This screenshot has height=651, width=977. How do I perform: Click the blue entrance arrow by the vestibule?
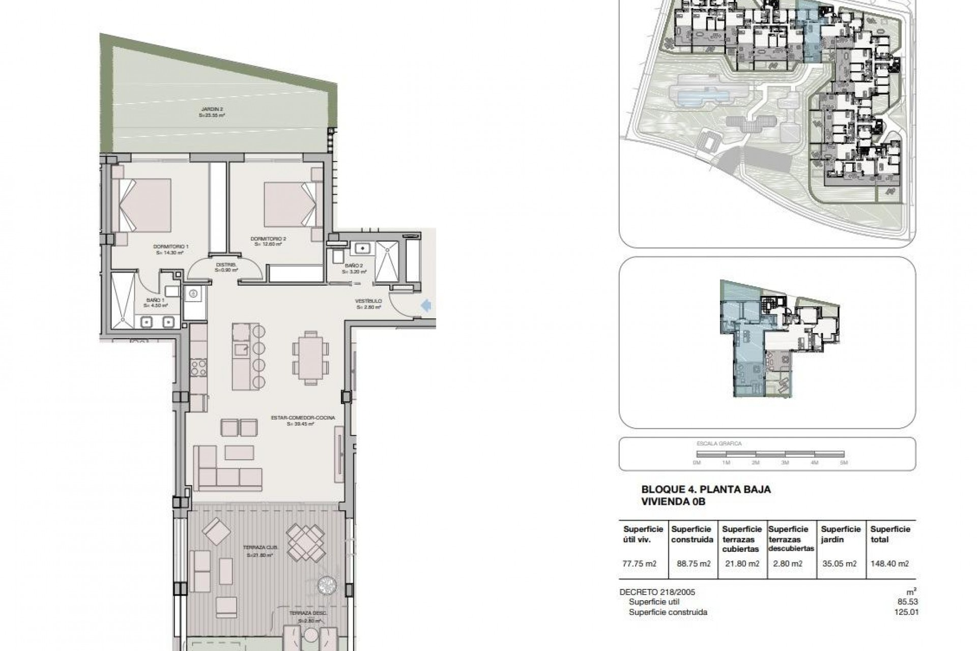point(426,306)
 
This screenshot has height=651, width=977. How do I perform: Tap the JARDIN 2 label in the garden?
point(212,112)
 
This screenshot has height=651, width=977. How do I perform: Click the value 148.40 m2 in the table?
point(889,564)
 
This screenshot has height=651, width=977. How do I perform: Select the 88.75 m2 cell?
point(693,564)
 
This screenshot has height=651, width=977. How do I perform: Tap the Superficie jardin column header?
point(841,534)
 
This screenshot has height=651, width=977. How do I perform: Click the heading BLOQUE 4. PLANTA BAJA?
point(706,490)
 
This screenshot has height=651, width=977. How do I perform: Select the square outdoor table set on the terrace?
point(305,542)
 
